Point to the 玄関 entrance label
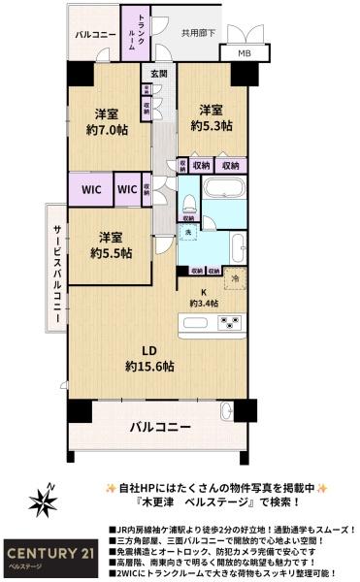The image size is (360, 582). [x=158, y=75]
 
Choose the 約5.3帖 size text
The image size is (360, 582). [x=213, y=126]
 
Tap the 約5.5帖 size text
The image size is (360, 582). [x=110, y=253]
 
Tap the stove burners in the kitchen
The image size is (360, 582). [x=232, y=322]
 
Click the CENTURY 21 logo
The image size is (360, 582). [x=49, y=549]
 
